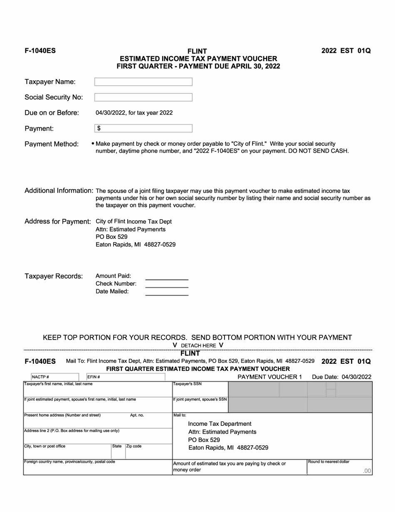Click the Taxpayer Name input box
(143, 82)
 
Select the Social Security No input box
(143, 97)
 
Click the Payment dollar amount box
(143, 129)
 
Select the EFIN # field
(125, 377)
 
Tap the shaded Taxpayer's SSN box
(299, 389)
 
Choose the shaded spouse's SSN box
(299, 404)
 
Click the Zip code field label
(134, 446)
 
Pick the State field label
(117, 446)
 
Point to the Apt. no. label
(137, 415)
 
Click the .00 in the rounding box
(366, 471)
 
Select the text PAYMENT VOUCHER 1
(269, 377)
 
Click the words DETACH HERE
(198, 345)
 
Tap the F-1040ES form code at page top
(40, 51)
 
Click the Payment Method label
(52, 144)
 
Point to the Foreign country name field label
(69, 462)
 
